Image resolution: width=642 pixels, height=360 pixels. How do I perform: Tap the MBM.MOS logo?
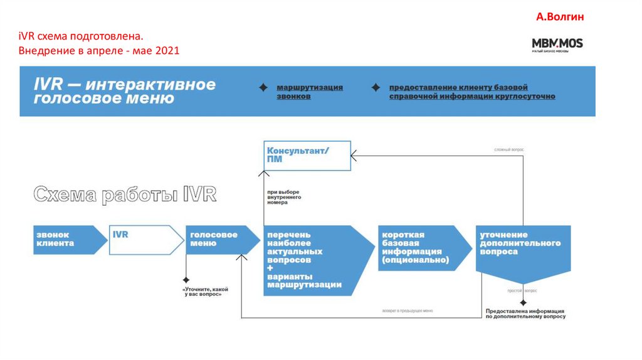click(x=557, y=43)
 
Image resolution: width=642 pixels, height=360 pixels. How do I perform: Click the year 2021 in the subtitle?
click(x=167, y=50)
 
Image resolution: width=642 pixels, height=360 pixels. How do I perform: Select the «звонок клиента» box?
click(x=66, y=239)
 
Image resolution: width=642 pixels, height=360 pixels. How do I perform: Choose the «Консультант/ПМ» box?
click(x=307, y=155)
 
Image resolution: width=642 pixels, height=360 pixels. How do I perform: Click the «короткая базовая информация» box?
click(x=421, y=247)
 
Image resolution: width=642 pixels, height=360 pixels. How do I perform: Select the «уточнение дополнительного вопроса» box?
click(x=522, y=247)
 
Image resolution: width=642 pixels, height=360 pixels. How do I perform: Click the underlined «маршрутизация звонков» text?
click(x=310, y=92)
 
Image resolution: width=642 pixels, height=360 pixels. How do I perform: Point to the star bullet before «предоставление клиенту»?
click(x=376, y=88)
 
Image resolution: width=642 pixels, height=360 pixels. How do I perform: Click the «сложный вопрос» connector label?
click(x=508, y=150)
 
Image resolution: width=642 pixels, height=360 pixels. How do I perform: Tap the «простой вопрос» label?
click(x=522, y=292)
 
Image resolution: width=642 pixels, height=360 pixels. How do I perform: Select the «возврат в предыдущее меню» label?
click(x=408, y=310)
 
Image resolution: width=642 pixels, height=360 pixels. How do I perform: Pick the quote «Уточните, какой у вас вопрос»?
click(x=205, y=292)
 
